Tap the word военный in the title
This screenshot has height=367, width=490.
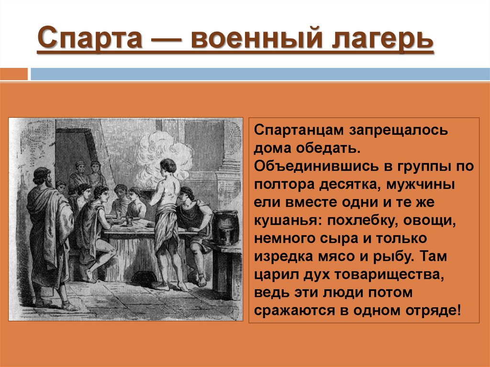pyautogui.click(x=258, y=40)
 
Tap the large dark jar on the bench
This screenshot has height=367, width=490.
pyautogui.click(x=225, y=227)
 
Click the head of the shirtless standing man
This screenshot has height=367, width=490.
pyautogui.click(x=167, y=167)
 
